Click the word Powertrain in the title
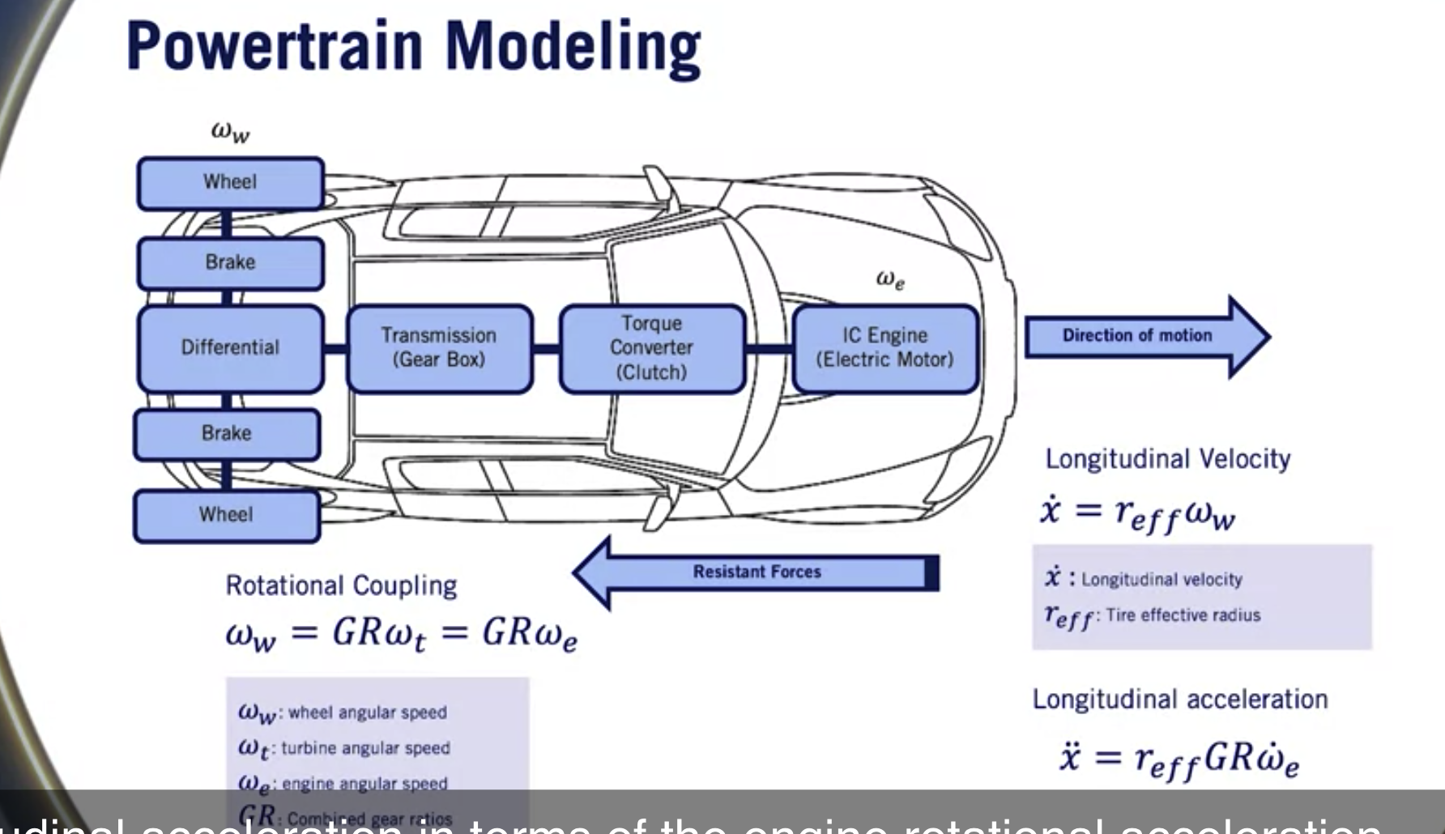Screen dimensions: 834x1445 coord(275,47)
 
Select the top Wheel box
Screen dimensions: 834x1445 coord(230,183)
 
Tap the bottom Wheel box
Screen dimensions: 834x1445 coord(226,515)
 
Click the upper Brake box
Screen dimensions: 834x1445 coord(230,263)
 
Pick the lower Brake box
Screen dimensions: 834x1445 coord(226,434)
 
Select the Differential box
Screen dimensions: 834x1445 coord(230,348)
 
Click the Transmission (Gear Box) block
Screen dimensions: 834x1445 coord(439,348)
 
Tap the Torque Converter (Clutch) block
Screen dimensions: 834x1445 coord(651,348)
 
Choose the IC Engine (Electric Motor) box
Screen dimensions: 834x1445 coord(884,348)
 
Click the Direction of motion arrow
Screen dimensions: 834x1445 coord(1138,336)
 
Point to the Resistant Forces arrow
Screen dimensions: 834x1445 coord(757,572)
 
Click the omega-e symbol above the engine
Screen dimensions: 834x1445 coord(890,280)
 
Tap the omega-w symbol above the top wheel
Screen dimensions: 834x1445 coord(230,132)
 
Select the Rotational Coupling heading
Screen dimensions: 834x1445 coord(341,585)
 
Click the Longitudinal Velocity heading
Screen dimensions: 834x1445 coord(1167,459)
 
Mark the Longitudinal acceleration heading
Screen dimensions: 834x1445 coord(1179,700)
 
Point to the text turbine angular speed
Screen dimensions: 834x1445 coord(365,748)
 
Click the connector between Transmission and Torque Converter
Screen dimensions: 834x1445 coord(546,349)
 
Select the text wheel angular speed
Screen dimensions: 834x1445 coord(367,713)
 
